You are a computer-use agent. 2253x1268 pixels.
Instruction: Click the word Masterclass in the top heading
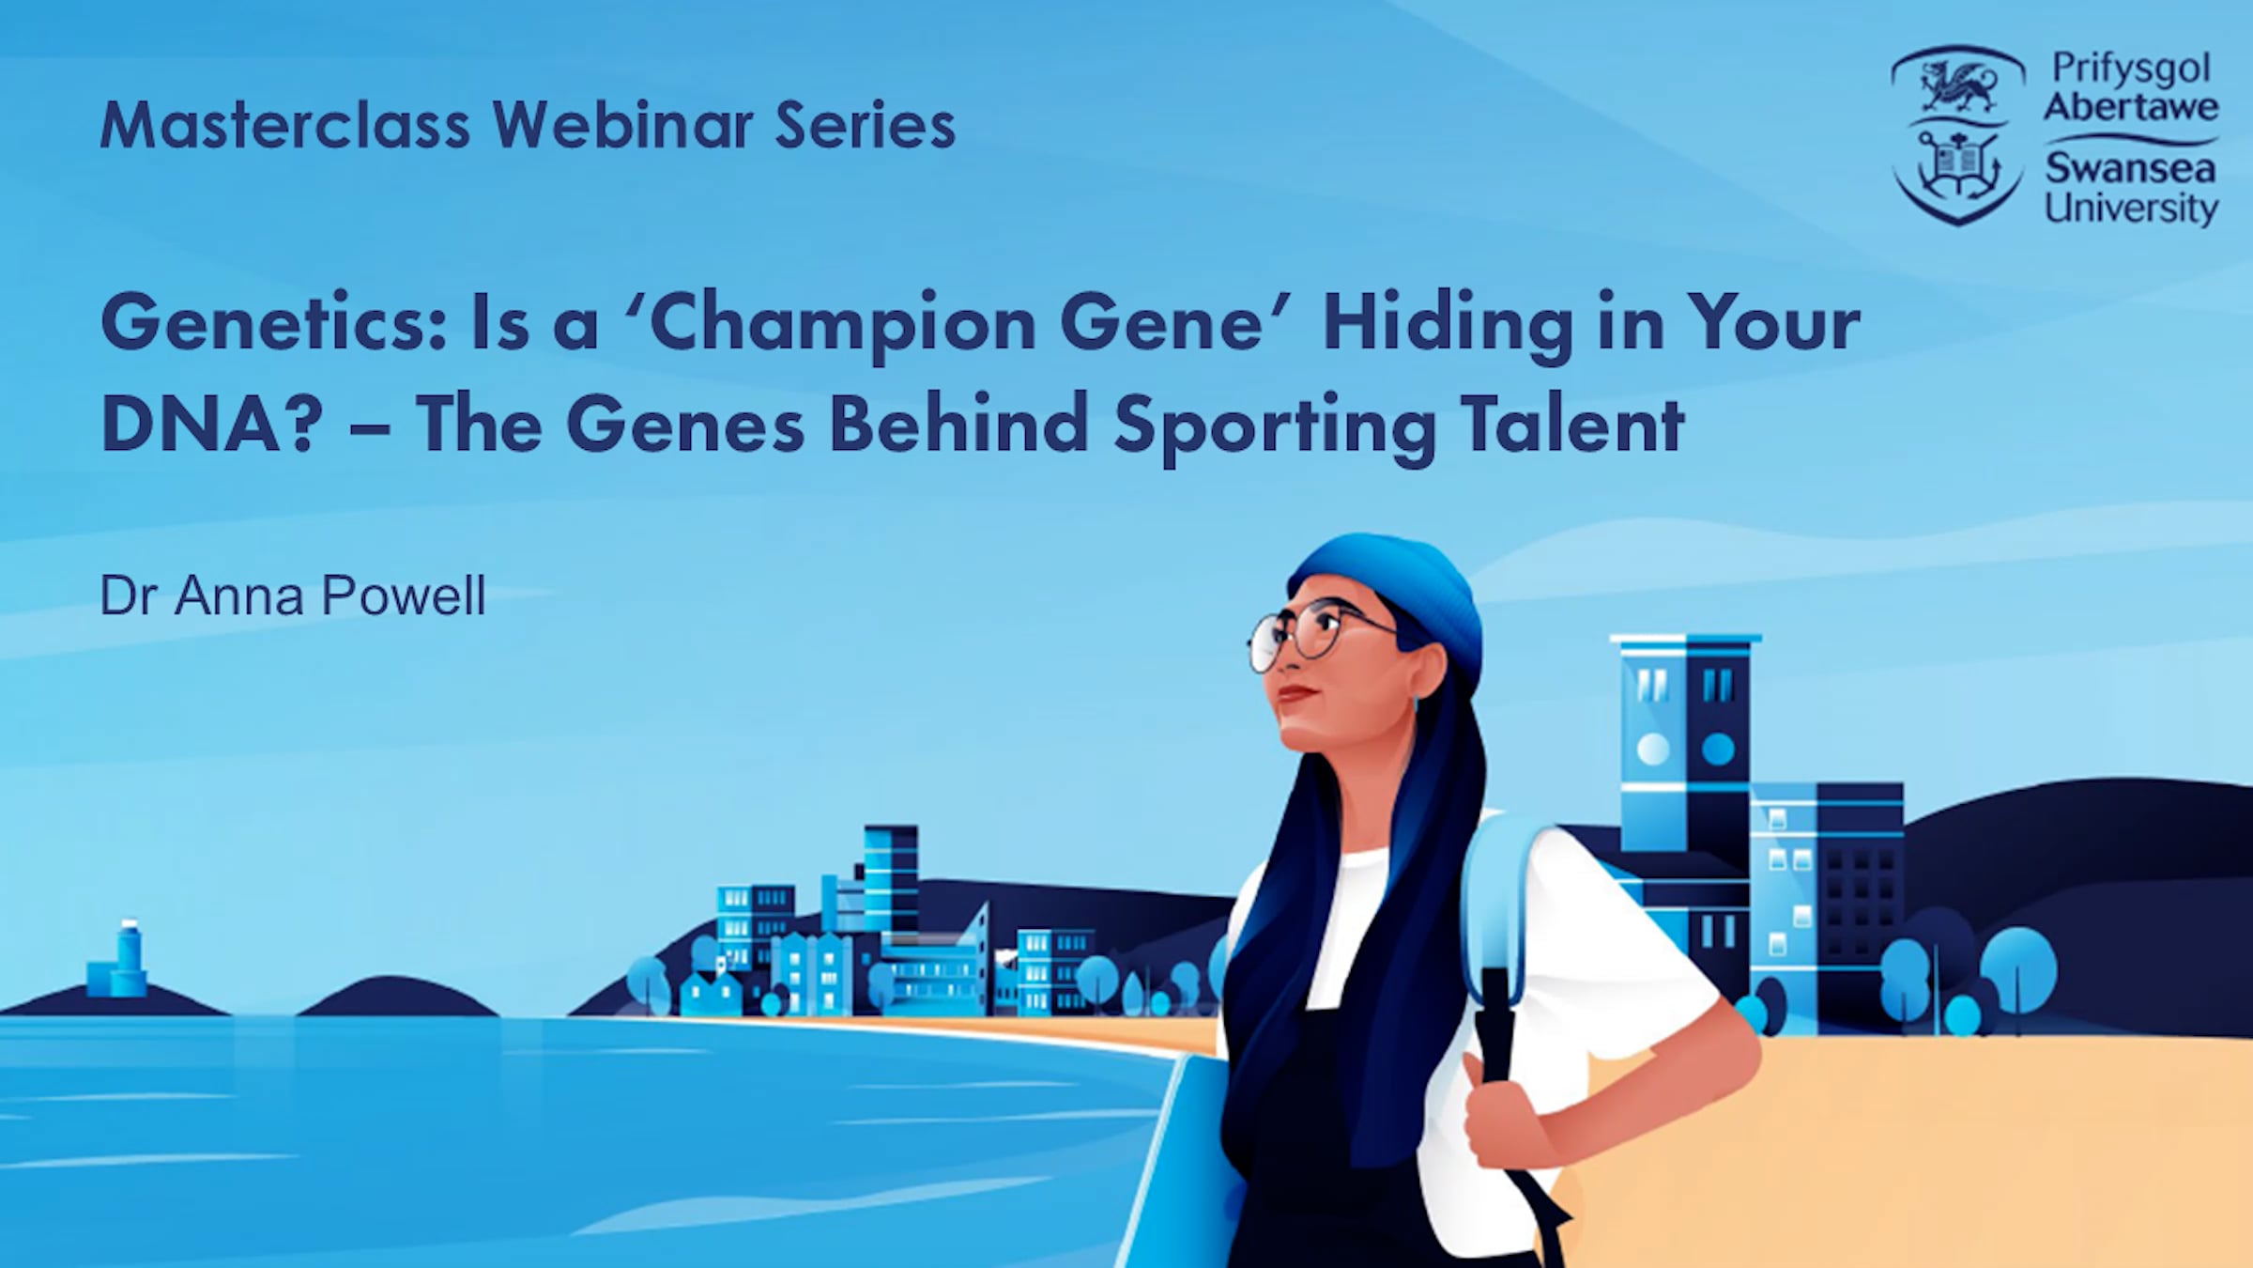[284, 125]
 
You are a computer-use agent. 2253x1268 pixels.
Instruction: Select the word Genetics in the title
[273, 322]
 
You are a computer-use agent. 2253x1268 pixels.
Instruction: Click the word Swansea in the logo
[2130, 169]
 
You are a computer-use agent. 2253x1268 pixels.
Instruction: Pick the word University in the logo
[2131, 209]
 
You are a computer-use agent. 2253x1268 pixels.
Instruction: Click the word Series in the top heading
[865, 125]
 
